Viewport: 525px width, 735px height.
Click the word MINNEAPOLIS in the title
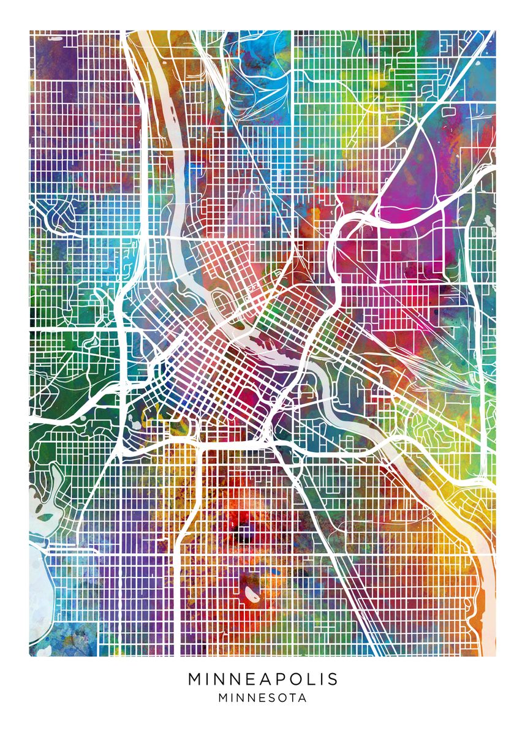(x=263, y=679)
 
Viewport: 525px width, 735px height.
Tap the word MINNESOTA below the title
(x=263, y=698)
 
